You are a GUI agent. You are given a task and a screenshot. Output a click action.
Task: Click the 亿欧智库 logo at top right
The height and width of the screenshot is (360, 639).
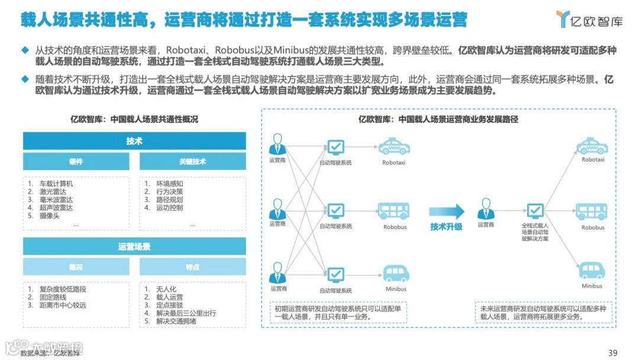click(589, 20)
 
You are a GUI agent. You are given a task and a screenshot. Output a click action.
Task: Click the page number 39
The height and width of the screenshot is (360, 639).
click(613, 353)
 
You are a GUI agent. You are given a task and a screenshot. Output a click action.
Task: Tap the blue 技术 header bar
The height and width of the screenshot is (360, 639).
click(134, 141)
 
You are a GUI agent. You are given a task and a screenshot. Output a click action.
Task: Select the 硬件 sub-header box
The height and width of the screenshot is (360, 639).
click(76, 161)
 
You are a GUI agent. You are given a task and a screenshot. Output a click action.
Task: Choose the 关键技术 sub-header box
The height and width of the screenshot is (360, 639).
click(193, 161)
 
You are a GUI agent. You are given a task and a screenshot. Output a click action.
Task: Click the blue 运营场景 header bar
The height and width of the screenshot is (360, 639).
click(134, 246)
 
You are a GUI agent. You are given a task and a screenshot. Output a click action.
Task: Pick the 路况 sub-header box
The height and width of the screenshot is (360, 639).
click(76, 267)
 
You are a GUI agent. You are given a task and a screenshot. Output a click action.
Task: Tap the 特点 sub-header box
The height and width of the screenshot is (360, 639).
click(193, 267)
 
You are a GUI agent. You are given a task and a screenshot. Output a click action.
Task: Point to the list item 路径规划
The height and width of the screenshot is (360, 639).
click(169, 200)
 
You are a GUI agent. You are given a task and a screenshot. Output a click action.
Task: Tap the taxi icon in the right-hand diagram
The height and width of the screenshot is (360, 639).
click(592, 146)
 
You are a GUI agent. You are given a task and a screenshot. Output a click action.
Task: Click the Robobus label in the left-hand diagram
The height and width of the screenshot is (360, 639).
click(395, 227)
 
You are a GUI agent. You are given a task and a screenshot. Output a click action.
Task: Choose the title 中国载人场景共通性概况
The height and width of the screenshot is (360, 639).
click(134, 119)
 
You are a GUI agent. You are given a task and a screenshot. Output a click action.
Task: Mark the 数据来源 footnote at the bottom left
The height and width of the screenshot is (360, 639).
click(50, 353)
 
